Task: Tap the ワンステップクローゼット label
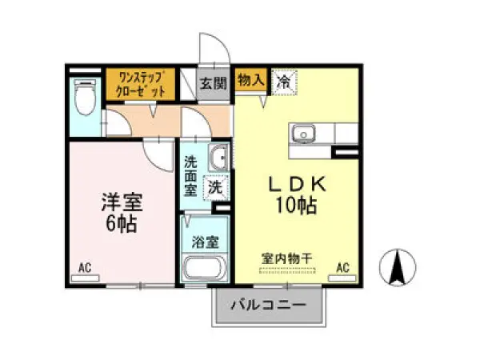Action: [141, 84]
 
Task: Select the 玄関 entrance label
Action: [214, 82]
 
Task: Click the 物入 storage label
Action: [250, 78]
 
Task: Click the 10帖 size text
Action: [295, 205]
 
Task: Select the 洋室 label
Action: [118, 200]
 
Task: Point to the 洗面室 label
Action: [191, 174]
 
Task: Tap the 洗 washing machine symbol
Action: [216, 188]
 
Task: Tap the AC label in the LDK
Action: [343, 268]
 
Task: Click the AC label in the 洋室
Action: [85, 268]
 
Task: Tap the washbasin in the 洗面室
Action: [217, 157]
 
